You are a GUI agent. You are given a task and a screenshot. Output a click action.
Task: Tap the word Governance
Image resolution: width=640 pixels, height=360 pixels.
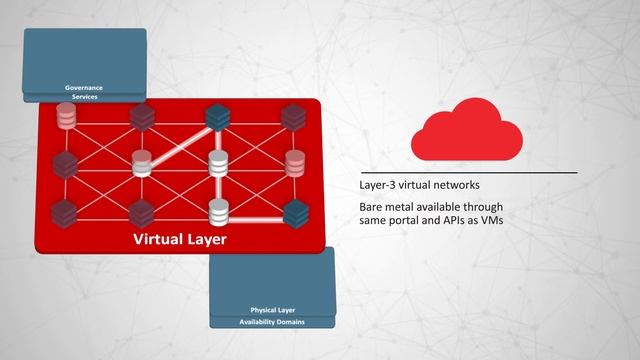[x=84, y=87]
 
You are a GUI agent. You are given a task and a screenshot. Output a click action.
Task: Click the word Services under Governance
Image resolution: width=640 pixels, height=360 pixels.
[x=84, y=96]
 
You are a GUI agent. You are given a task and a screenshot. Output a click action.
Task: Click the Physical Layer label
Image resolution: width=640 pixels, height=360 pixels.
[x=272, y=310]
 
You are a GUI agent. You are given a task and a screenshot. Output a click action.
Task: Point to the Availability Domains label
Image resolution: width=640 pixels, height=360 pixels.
[x=272, y=322]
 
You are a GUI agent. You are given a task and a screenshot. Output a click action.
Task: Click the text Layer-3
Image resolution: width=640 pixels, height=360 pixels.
[x=378, y=186]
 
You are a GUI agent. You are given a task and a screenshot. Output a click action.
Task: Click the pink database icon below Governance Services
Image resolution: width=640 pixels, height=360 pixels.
[x=67, y=117]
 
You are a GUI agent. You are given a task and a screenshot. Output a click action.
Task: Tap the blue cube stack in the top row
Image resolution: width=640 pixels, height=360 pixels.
[x=217, y=117]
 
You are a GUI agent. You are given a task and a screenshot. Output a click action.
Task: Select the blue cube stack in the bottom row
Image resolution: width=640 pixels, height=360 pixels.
[x=294, y=211]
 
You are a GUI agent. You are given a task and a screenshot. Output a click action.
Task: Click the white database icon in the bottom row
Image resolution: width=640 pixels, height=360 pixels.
[x=217, y=211]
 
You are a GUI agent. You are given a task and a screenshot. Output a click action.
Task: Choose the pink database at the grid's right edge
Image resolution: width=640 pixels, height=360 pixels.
[x=294, y=162]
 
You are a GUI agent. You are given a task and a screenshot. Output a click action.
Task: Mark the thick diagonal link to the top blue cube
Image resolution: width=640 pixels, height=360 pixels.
[x=180, y=139]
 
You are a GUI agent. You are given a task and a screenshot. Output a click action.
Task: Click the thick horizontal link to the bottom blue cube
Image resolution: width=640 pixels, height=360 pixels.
[x=256, y=212]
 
